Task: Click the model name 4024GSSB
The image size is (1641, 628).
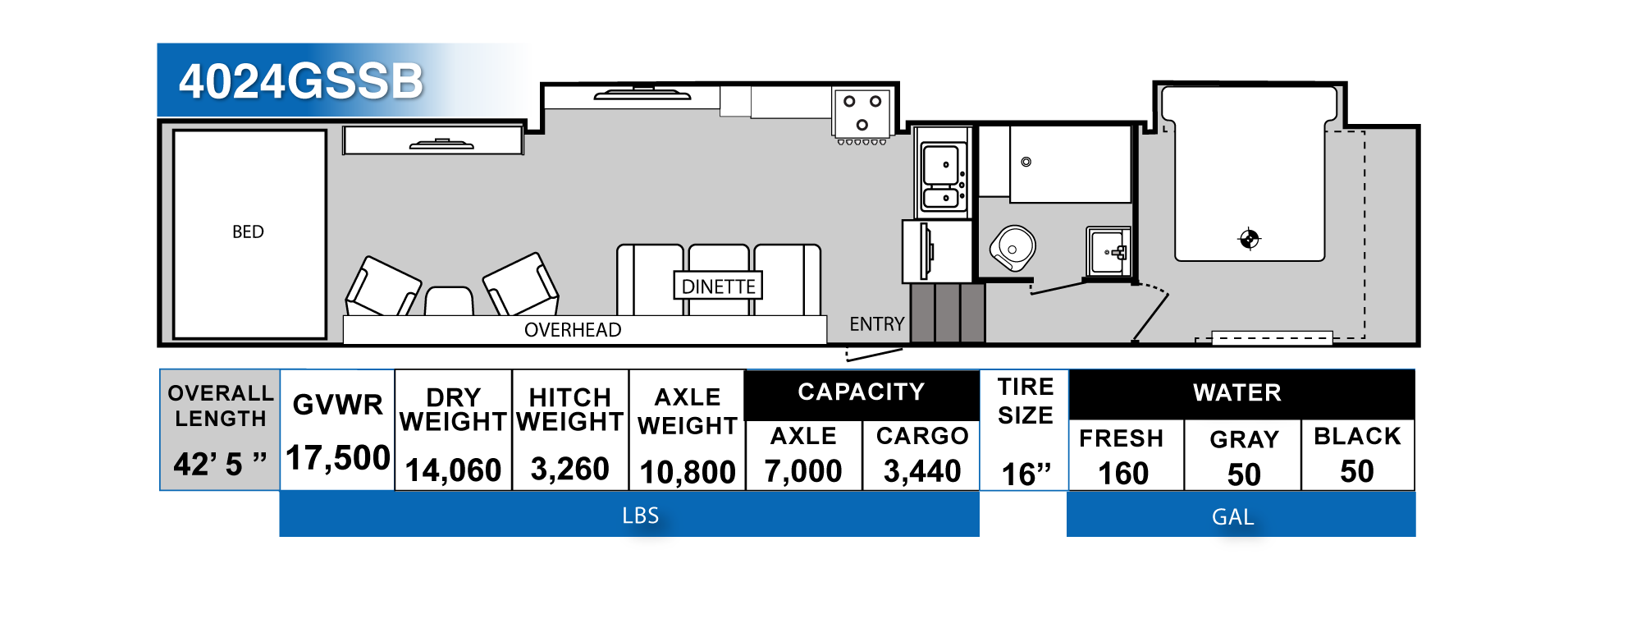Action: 300,82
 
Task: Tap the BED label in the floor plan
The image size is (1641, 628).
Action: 248,232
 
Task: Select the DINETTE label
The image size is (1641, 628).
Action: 718,286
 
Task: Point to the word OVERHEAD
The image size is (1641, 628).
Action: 573,330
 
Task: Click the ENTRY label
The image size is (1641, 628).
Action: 876,324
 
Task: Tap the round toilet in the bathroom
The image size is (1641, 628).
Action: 1013,247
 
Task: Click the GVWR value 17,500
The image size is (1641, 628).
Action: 337,458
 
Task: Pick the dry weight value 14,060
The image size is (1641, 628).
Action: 453,470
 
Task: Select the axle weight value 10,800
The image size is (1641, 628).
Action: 688,472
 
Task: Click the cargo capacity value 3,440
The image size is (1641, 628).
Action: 921,471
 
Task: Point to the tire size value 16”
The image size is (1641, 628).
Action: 1026,474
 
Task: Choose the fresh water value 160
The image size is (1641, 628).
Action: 1123,474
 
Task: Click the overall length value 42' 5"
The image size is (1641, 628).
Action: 220,464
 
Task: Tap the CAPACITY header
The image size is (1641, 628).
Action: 861,392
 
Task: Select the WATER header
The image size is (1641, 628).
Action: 1236,392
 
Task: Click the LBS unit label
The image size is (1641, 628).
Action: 640,516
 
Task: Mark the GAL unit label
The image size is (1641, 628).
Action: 1232,517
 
